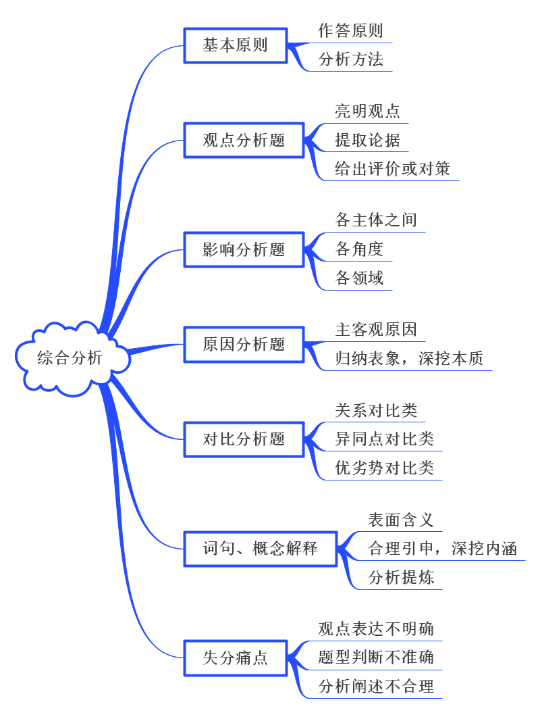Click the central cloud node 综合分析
tap(70, 357)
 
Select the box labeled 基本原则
tap(236, 45)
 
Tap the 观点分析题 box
tap(244, 140)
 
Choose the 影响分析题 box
tap(244, 249)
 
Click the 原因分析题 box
tap(244, 344)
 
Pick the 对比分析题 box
tap(244, 439)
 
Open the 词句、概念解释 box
tap(260, 548)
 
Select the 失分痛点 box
tap(236, 658)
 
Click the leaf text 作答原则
tap(350, 31)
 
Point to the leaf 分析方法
tap(350, 59)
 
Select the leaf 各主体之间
tap(376, 220)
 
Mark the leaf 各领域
tap(359, 278)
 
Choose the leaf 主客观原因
tap(376, 330)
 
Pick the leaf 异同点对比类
tap(384, 439)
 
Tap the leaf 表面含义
tap(400, 520)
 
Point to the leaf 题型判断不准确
tap(376, 658)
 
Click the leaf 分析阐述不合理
tap(376, 687)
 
